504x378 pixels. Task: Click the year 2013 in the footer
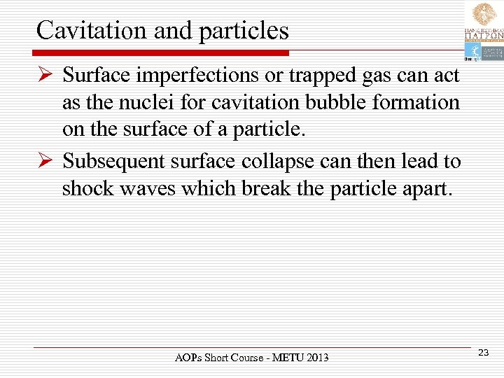pyautogui.click(x=316, y=358)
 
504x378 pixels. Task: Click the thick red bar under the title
pyautogui.click(x=161, y=52)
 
